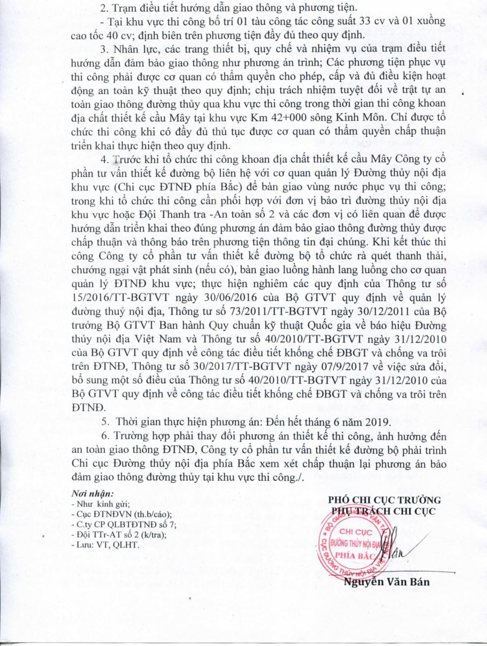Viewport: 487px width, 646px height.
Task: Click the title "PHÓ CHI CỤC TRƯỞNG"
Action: pyautogui.click(x=385, y=500)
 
